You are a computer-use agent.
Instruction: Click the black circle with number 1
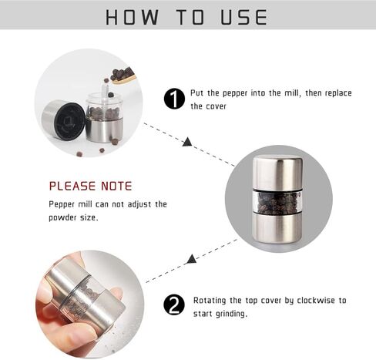coord(174,99)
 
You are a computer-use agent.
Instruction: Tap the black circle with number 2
coord(174,305)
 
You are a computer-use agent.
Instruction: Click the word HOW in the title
coord(132,18)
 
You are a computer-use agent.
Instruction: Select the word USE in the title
coord(244,18)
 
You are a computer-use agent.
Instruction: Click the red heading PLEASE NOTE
coord(90,186)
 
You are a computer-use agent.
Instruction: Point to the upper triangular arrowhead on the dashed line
coord(187,142)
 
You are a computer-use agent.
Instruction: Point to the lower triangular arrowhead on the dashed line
coord(192,259)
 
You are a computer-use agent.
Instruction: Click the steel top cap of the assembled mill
coord(277,173)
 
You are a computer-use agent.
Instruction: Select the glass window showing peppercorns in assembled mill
coord(277,203)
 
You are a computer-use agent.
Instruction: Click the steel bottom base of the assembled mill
coord(277,228)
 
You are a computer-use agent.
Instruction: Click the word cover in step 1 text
coord(217,106)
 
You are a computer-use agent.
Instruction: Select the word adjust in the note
coord(139,205)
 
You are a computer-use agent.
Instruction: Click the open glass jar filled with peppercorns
coord(104,117)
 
